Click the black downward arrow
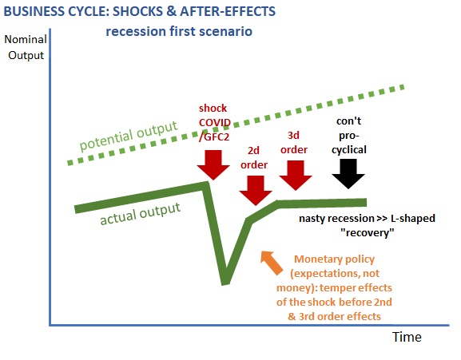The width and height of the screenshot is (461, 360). (x=348, y=174)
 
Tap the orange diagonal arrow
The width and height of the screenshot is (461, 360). (x=272, y=263)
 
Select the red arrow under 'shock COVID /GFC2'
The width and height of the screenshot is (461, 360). (x=213, y=165)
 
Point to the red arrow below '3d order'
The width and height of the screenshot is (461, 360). (x=296, y=176)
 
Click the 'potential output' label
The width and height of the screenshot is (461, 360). (x=129, y=136)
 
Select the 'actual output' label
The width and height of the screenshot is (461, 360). (x=140, y=213)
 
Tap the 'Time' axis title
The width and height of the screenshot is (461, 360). (x=407, y=337)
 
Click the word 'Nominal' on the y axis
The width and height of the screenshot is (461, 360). (x=26, y=39)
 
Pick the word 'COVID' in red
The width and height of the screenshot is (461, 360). (x=215, y=122)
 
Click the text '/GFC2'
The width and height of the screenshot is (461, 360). (x=214, y=136)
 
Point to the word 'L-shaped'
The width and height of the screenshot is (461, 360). (x=413, y=219)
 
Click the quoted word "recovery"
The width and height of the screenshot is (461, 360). (x=368, y=233)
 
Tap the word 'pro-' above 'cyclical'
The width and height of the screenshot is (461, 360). (x=349, y=136)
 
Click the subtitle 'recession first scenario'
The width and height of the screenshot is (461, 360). (x=179, y=31)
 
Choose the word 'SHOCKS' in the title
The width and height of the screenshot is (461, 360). (x=137, y=11)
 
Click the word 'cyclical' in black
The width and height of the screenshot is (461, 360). (x=349, y=150)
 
